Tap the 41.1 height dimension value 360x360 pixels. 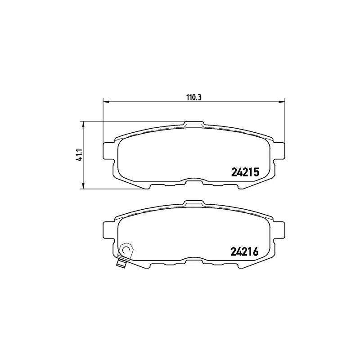(78, 155)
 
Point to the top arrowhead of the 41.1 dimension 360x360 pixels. (83, 124)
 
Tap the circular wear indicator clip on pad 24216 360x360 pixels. (126, 249)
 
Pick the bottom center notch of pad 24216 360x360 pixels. (194, 261)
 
